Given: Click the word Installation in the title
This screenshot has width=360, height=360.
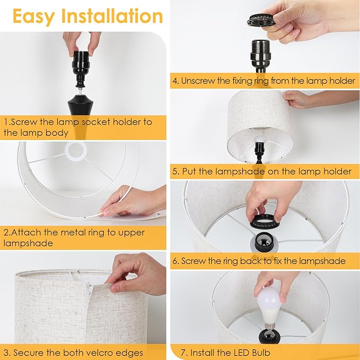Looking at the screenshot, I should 112,16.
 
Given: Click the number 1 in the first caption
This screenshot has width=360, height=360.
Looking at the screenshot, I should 6,122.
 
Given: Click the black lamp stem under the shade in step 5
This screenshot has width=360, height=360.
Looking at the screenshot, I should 259,151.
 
